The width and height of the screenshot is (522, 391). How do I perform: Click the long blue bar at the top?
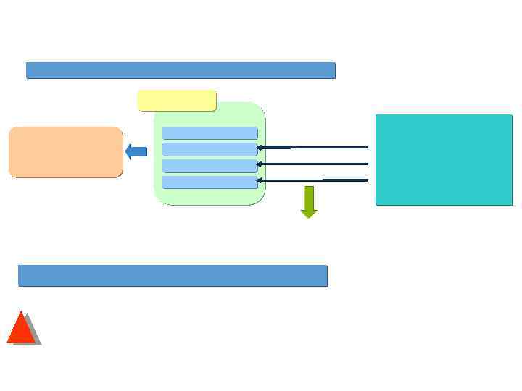pyautogui.click(x=181, y=70)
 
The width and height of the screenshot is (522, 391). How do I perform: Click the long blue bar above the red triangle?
pyautogui.click(x=173, y=276)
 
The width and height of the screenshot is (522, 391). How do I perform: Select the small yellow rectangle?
pyautogui.click(x=177, y=100)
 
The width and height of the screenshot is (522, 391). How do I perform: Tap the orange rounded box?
pyautogui.click(x=65, y=152)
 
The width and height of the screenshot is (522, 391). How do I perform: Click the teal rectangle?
pyautogui.click(x=444, y=159)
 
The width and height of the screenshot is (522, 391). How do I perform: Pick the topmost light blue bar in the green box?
pyautogui.click(x=210, y=133)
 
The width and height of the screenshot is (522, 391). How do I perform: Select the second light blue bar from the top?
pyautogui.click(x=210, y=149)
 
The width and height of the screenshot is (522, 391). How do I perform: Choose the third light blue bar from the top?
pyautogui.click(x=210, y=166)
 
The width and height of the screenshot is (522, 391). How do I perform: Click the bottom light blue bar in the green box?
pyautogui.click(x=210, y=182)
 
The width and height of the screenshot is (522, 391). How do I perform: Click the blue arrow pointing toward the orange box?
pyautogui.click(x=136, y=152)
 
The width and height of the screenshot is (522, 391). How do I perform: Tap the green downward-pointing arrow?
pyautogui.click(x=309, y=201)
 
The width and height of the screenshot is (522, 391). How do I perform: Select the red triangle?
pyautogui.click(x=21, y=331)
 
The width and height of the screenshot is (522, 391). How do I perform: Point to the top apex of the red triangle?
pyautogui.click(x=22, y=312)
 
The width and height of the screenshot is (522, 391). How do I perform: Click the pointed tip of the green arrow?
pyautogui.click(x=309, y=217)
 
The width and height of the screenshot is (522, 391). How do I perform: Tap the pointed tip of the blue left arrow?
pyautogui.click(x=126, y=152)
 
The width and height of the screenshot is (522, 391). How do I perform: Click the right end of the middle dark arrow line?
pyautogui.click(x=368, y=164)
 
